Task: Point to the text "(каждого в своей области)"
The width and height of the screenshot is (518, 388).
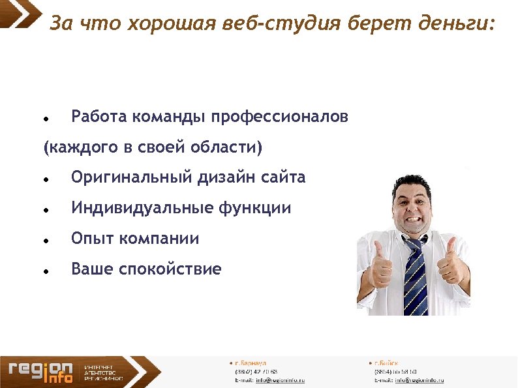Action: click(152, 147)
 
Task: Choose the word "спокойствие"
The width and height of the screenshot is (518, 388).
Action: click(170, 269)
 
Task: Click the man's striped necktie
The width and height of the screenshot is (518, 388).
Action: click(415, 274)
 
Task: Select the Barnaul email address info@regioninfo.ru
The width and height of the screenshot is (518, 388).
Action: click(280, 380)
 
